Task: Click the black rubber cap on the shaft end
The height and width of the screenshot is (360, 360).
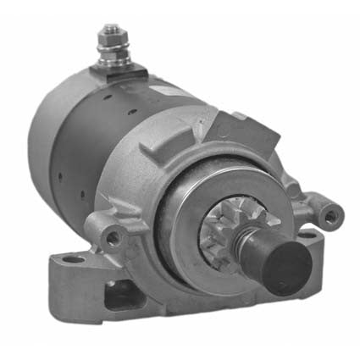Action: [285, 268]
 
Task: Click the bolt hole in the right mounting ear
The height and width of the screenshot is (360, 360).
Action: [330, 217]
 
